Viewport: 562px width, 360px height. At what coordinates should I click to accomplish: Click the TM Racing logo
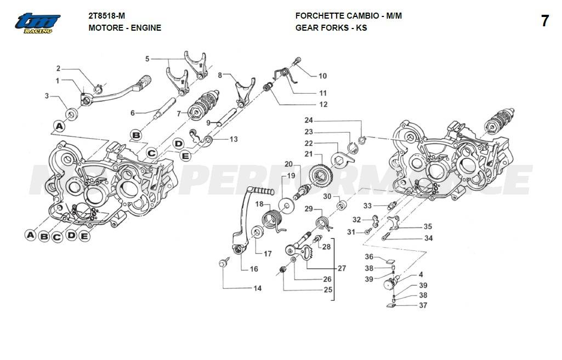pyautogui.click(x=37, y=22)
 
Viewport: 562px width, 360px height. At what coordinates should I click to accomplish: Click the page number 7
pyautogui.click(x=544, y=21)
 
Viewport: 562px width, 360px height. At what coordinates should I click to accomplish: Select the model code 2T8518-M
pyautogui.click(x=106, y=16)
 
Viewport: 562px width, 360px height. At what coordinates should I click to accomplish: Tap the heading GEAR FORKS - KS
pyautogui.click(x=331, y=27)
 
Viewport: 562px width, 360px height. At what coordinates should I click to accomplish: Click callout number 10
pyautogui.click(x=322, y=76)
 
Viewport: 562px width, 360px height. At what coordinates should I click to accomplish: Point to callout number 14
pyautogui.click(x=257, y=288)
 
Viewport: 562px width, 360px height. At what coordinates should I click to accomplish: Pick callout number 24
pyautogui.click(x=309, y=120)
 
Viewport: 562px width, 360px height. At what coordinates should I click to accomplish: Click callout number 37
pyautogui.click(x=423, y=305)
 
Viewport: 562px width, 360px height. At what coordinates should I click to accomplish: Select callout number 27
pyautogui.click(x=342, y=268)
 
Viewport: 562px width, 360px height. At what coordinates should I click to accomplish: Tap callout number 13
pyautogui.click(x=234, y=139)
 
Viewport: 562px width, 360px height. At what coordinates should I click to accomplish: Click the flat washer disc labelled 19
pyautogui.click(x=286, y=205)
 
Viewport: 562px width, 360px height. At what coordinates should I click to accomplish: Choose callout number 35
pyautogui.click(x=427, y=227)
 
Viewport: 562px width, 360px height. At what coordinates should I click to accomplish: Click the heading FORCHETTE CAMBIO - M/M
pyautogui.click(x=348, y=16)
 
